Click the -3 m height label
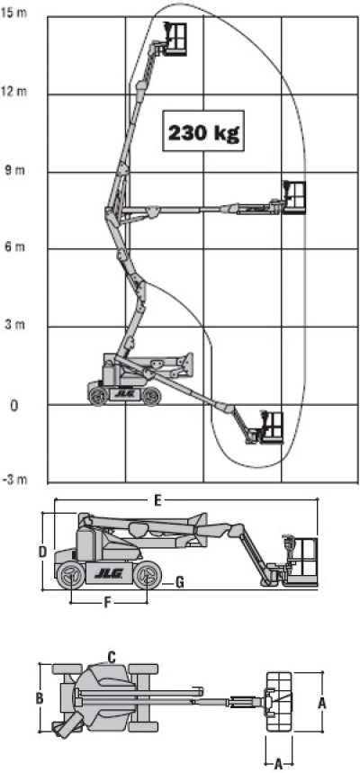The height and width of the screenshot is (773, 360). tap(14, 480)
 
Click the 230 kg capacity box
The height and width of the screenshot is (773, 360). tap(203, 130)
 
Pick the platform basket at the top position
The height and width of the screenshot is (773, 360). tap(175, 38)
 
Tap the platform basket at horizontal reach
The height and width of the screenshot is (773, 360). tap(294, 197)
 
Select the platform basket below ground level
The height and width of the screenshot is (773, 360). tap(272, 427)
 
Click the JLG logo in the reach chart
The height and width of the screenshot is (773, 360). tap(124, 393)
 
